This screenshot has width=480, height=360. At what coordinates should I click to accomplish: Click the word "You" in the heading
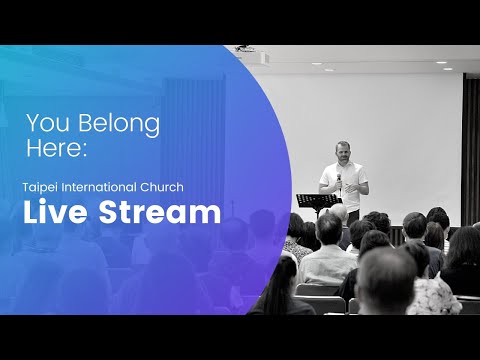point(45,124)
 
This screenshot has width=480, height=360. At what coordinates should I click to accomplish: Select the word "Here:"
point(58,151)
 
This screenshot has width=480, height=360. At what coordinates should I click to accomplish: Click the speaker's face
point(343,152)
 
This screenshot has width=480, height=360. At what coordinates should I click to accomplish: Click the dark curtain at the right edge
point(470,150)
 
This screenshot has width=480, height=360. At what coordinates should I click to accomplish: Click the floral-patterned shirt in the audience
point(432,295)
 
